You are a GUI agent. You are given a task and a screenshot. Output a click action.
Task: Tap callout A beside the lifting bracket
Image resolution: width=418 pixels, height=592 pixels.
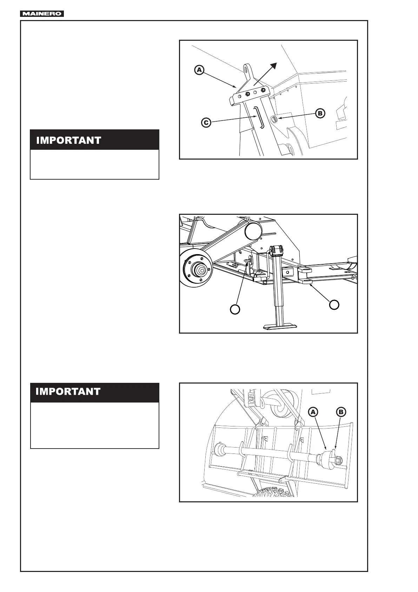click(x=199, y=70)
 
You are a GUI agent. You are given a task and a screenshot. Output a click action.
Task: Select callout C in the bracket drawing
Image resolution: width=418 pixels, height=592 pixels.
click(x=206, y=123)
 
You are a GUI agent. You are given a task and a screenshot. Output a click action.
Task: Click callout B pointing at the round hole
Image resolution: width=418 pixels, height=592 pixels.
click(x=320, y=113)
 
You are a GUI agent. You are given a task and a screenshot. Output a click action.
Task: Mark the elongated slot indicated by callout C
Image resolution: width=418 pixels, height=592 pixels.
click(x=259, y=118)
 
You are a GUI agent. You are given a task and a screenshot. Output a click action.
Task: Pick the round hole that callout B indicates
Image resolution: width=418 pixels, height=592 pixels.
click(x=275, y=120)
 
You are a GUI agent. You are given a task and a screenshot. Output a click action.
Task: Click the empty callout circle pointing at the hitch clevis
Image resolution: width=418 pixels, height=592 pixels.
click(x=334, y=304)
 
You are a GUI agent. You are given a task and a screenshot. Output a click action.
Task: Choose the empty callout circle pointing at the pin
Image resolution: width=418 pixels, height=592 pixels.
click(x=235, y=309)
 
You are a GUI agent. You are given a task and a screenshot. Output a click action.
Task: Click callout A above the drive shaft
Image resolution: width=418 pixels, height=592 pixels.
click(x=313, y=412)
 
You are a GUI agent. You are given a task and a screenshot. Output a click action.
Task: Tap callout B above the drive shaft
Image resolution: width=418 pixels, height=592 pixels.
click(x=340, y=412)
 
